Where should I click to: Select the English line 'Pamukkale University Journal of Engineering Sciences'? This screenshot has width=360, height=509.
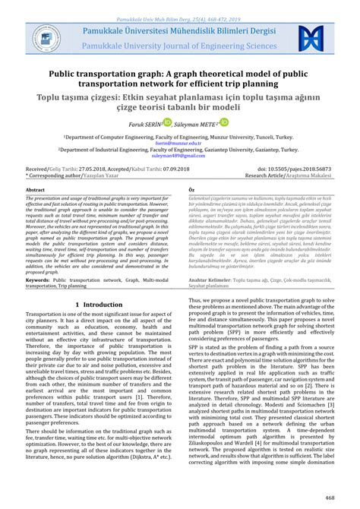coord(179,46)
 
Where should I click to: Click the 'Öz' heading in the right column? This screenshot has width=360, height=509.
coord(192,189)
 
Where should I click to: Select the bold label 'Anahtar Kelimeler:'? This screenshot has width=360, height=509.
coord(210,280)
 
